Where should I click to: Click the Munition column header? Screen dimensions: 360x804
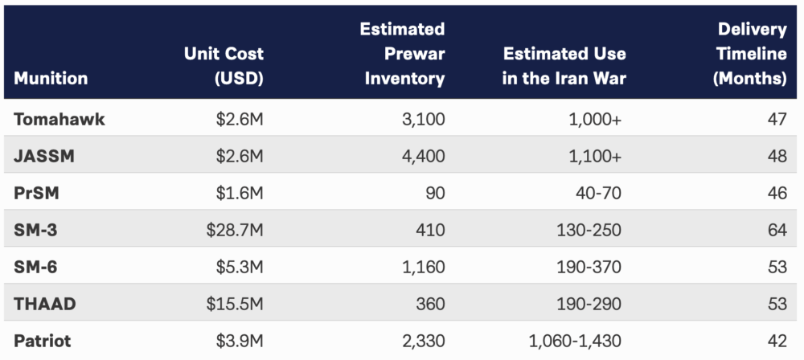pos(51,79)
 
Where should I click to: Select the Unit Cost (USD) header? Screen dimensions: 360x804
pos(224,66)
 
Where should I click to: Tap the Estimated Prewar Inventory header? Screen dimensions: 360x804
pos(402,54)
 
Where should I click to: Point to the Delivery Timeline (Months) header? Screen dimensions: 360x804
pos(751,54)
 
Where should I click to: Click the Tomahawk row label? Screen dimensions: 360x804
pos(59,120)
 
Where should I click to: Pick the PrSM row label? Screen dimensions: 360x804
pos(37,194)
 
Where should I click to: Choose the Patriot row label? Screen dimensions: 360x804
pos(42,342)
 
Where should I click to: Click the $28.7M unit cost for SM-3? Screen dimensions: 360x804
pos(235,231)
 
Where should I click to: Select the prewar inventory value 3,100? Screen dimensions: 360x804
pos(424,120)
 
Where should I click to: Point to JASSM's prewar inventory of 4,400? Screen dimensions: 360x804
pos(423,157)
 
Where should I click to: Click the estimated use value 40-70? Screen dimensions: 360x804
pos(598,194)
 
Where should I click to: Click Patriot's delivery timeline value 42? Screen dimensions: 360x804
pos(777,342)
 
